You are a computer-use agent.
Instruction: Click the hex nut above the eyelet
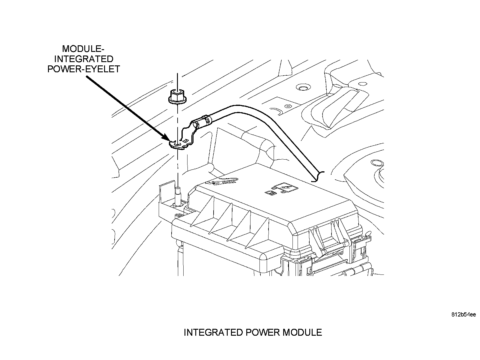click(177, 97)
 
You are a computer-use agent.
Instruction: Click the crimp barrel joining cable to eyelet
click(202, 122)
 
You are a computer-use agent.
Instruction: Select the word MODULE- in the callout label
click(83, 49)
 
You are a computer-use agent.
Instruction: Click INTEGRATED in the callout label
click(84, 59)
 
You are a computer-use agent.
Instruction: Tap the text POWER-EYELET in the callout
click(84, 69)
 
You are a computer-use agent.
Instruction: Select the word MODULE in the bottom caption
click(302, 332)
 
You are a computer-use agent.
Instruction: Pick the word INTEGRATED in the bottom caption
click(213, 332)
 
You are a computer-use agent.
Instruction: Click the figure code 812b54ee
click(463, 315)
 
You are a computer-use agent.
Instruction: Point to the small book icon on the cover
click(270, 193)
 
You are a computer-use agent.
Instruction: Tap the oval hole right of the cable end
click(378, 163)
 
